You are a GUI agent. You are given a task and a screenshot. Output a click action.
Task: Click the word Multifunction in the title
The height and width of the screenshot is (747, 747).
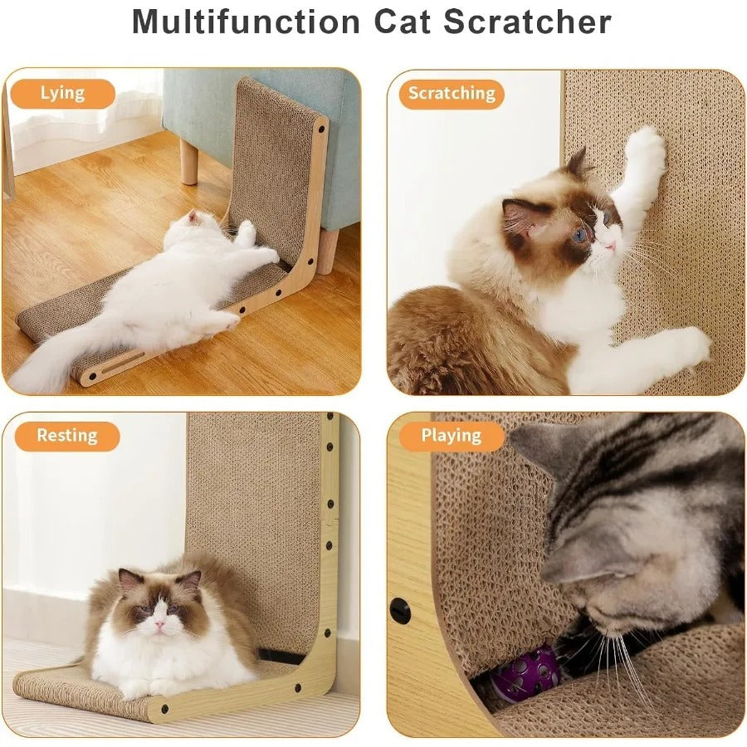[x=247, y=22]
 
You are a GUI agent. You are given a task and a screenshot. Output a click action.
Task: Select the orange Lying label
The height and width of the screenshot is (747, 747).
[x=62, y=93]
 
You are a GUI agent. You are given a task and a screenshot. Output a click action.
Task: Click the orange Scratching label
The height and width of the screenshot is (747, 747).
[x=451, y=94]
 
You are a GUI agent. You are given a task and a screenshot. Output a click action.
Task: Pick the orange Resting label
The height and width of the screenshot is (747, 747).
[x=66, y=436]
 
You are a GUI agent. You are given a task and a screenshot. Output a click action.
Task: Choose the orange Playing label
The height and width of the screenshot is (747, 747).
[x=451, y=436]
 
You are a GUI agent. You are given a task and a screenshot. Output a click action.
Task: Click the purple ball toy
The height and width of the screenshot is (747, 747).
[x=526, y=674]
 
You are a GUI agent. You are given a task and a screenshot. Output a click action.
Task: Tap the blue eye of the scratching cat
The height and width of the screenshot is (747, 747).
[x=580, y=234]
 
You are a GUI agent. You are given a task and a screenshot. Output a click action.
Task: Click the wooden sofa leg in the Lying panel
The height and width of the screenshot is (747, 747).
[x=189, y=160]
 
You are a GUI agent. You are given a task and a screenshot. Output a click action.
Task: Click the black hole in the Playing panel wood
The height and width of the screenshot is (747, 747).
[x=400, y=612]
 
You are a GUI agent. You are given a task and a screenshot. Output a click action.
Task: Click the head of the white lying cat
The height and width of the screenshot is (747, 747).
[x=193, y=222]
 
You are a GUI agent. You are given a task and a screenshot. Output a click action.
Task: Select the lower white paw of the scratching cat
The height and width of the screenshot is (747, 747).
[x=686, y=347]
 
